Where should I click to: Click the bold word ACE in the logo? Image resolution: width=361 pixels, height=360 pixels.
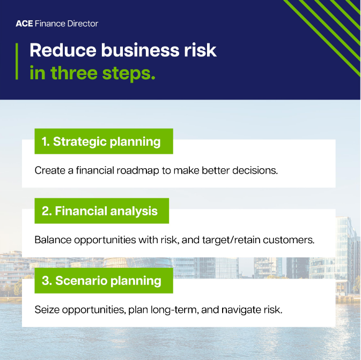coord(25,24)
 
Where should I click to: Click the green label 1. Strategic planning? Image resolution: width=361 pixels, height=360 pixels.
coord(104,141)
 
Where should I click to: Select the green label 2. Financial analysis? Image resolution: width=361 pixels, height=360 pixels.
coord(101,211)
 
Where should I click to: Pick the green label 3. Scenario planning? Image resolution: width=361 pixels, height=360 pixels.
coord(104,280)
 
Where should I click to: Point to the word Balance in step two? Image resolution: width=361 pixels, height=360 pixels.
coord(51,240)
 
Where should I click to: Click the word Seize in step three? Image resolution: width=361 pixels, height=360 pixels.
coord(46,310)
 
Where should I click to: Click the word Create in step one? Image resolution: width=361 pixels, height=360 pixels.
coord(48,170)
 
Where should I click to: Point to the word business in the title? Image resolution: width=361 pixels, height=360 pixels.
coord(141,50)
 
